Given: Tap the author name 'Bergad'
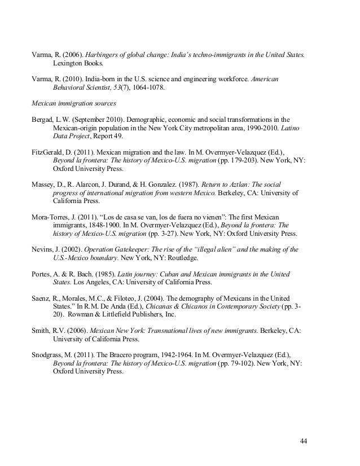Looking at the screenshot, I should pyautogui.click(x=43, y=120).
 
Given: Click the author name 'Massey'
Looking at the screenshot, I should pyautogui.click(x=44, y=184).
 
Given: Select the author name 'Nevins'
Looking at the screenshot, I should pyautogui.click(x=43, y=249).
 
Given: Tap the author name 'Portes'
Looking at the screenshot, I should pyautogui.click(x=42, y=274).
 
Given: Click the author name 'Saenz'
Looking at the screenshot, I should pyautogui.click(x=42, y=298).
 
